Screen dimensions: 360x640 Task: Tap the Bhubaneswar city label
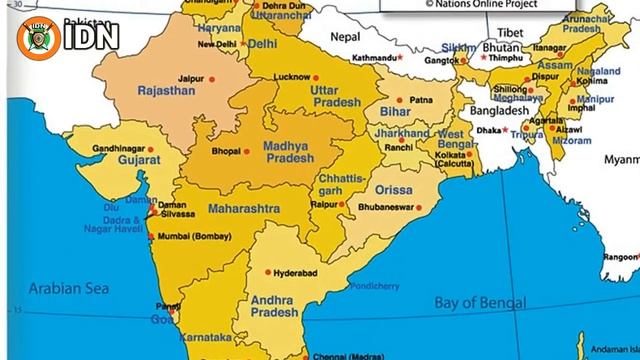coord(387,207)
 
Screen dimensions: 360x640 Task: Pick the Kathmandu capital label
coord(377,58)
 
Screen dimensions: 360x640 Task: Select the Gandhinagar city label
coord(119,148)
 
